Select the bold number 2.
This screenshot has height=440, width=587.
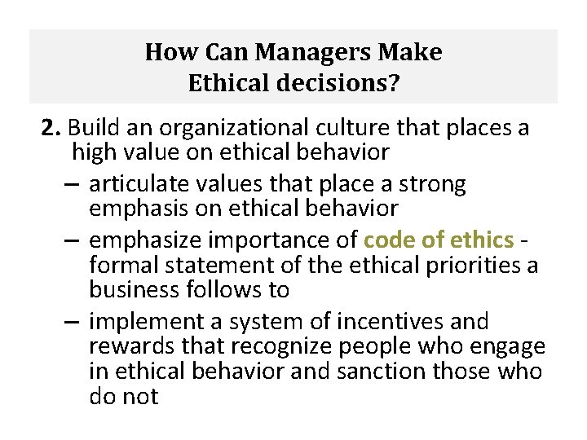point(52,129)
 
